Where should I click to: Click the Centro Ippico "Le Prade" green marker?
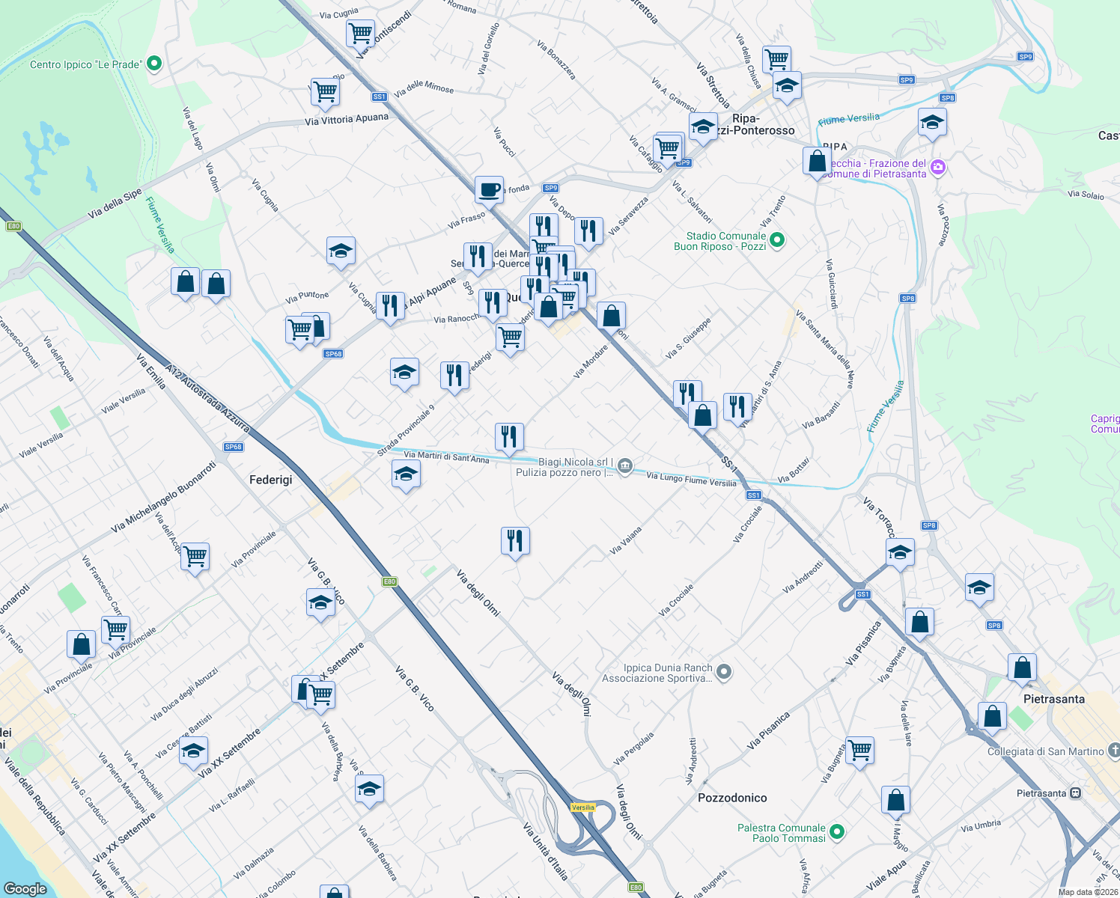coord(154,64)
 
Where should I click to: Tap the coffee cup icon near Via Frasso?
coord(489,189)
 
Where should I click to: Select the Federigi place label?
coord(270,479)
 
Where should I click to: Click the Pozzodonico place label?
coord(731,798)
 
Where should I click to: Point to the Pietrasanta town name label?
coord(1053,699)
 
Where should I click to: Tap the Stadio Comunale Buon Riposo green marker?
coord(777,240)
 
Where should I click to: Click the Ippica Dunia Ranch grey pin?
coord(723,672)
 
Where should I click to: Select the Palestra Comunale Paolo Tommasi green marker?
coord(838,832)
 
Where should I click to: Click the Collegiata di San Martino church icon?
coord(1113,751)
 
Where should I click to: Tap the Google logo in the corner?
coord(25,888)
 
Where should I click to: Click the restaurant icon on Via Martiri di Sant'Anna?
coord(509,436)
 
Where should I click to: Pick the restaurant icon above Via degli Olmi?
coord(515,540)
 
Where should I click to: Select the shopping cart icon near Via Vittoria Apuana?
coord(325,92)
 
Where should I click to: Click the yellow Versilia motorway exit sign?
coord(582,807)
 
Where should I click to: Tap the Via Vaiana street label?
coord(626,540)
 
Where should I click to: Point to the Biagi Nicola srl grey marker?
coord(625,467)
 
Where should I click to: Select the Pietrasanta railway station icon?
coord(1075,793)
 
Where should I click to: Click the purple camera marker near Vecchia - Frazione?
coord(937,168)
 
